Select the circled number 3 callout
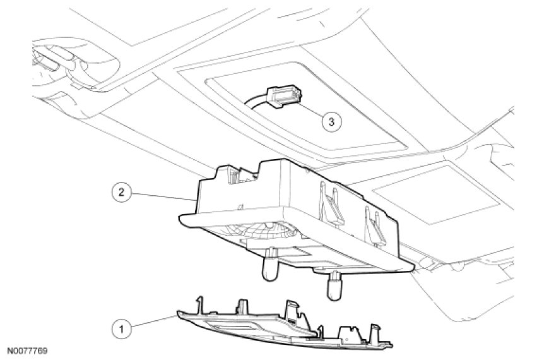click(331, 121)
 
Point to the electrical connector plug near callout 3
click(283, 98)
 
